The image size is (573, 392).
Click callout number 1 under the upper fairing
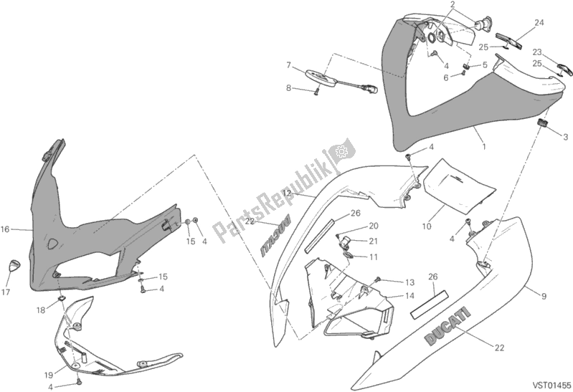pos(484,146)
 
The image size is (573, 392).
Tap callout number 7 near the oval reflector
pos(288,65)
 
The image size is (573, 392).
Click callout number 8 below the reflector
pos(288,89)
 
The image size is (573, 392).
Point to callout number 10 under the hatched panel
pos(425,226)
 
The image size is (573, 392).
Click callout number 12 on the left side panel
pos(285,193)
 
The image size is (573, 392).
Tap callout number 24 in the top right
pos(539,22)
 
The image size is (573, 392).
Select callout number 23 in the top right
pos(536,51)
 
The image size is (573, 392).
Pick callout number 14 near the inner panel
pos(409,295)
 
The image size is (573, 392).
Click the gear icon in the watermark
pos(340,152)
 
